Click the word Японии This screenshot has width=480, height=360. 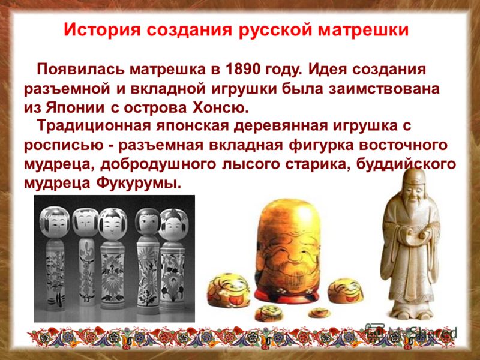tap(76, 108)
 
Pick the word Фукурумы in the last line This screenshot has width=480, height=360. tap(137, 184)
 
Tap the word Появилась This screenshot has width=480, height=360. tap(81, 70)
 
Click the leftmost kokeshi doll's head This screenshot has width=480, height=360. tap(55, 222)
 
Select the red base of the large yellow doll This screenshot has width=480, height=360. tap(287, 295)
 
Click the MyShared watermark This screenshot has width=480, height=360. tap(412, 331)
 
